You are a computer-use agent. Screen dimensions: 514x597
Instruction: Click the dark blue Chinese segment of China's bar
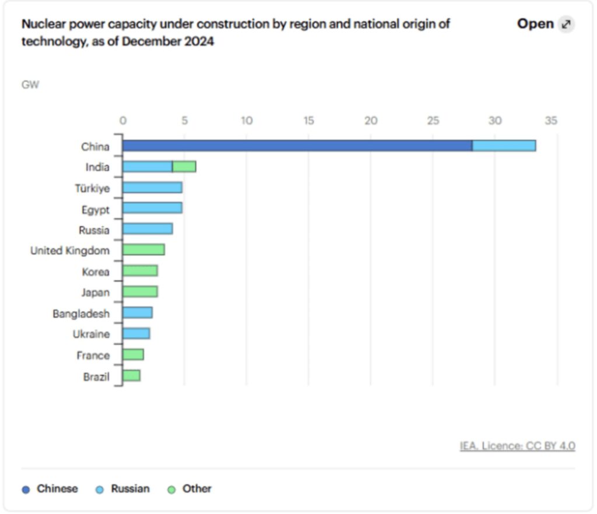[x=297, y=146]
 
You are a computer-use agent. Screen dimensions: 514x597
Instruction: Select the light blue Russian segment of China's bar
[x=504, y=146]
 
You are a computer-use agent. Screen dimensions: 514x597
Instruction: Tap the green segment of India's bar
[x=184, y=167]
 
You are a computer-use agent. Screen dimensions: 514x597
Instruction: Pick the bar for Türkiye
[x=152, y=188]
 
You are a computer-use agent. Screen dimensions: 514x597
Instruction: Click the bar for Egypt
[x=152, y=208]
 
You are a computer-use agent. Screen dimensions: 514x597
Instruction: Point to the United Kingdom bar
[x=143, y=250]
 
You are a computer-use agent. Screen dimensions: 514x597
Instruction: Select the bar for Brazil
[x=131, y=376]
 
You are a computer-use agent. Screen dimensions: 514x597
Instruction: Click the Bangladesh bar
[x=138, y=313]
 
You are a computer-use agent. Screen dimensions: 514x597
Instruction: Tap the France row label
[x=93, y=355]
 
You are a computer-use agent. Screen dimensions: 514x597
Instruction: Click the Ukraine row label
[x=91, y=335]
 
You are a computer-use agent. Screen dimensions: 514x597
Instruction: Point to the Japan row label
[x=95, y=293]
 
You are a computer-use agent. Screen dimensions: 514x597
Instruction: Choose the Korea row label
[x=96, y=272]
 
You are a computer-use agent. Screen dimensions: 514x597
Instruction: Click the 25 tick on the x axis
[x=433, y=121]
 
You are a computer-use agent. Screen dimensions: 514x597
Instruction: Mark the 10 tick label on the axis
[x=247, y=121]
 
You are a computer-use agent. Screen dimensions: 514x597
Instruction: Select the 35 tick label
[x=551, y=121]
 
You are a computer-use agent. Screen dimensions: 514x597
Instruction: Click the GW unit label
[x=30, y=85]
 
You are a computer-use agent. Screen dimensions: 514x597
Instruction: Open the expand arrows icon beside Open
[x=566, y=24]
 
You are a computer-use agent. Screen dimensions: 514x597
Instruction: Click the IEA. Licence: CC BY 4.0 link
[x=517, y=446]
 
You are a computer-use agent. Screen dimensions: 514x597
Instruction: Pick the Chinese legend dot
[x=26, y=490]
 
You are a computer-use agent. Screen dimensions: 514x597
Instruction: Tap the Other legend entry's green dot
[x=171, y=490]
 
